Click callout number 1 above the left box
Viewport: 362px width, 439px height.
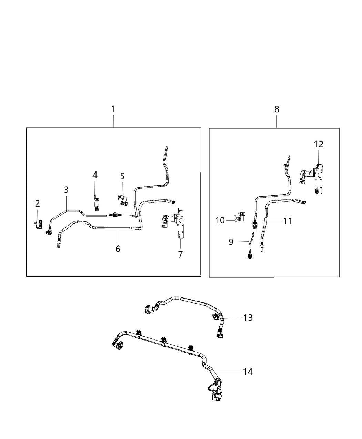click(113, 109)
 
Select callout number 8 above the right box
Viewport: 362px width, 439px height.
click(277, 109)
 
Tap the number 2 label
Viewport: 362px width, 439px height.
click(37, 203)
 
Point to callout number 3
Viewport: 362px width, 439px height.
click(66, 190)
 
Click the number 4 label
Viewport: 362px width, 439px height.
click(95, 175)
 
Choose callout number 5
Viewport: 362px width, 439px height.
click(122, 176)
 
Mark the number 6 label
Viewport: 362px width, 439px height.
click(118, 249)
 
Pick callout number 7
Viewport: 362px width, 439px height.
click(180, 255)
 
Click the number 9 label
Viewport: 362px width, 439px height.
click(231, 242)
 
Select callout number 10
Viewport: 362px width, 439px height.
click(220, 220)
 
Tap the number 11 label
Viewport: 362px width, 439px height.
click(288, 221)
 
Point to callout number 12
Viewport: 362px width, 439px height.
click(319, 144)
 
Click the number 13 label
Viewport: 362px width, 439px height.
click(248, 318)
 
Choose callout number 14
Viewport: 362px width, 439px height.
click(248, 372)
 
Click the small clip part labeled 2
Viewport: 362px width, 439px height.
click(39, 223)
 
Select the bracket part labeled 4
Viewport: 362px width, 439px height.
click(96, 203)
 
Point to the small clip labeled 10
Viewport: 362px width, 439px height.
click(240, 217)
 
